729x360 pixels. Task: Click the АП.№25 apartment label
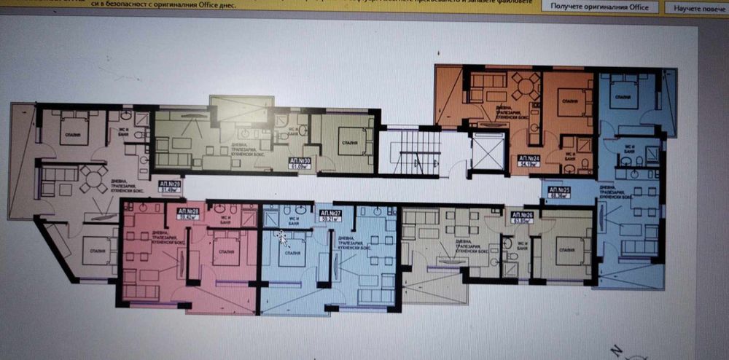pos(560,192)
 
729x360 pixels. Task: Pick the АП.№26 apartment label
pos(522,216)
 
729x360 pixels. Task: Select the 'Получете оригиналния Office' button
pos(599,7)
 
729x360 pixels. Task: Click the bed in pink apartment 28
pos(225,250)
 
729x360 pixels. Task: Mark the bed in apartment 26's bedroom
pos(572,248)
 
